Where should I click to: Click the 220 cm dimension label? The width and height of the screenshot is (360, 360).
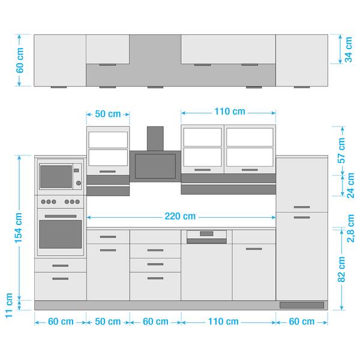tap(180, 216)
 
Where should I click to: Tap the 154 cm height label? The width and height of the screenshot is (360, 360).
tap(19, 228)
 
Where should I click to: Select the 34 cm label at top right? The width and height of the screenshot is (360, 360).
tap(348, 49)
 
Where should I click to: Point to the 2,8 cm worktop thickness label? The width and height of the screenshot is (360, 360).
tap(350, 228)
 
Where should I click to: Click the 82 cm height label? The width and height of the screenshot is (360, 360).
tap(341, 269)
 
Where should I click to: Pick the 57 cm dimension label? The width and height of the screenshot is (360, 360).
tap(341, 151)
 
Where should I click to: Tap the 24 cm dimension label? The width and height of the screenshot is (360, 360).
tap(350, 185)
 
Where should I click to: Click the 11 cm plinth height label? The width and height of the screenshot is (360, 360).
tap(9, 305)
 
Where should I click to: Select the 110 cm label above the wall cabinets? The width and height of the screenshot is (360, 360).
tap(230, 112)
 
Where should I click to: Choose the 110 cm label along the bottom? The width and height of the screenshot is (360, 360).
tap(223, 322)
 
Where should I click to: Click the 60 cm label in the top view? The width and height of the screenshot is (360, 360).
tap(20, 60)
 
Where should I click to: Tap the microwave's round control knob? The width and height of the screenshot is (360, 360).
tap(79, 183)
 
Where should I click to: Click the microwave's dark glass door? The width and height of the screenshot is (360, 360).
tap(56, 176)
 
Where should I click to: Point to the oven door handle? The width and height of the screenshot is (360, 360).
tap(61, 216)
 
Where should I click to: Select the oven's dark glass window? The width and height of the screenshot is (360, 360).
tap(61, 234)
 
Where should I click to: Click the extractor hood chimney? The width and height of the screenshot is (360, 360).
tap(155, 139)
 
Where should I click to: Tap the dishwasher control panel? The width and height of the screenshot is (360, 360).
tap(206, 235)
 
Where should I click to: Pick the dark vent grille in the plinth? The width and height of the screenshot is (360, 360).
tap(302, 305)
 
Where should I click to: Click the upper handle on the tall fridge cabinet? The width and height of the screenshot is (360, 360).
tap(302, 207)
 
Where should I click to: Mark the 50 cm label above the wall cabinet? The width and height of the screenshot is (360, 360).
tap(107, 114)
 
